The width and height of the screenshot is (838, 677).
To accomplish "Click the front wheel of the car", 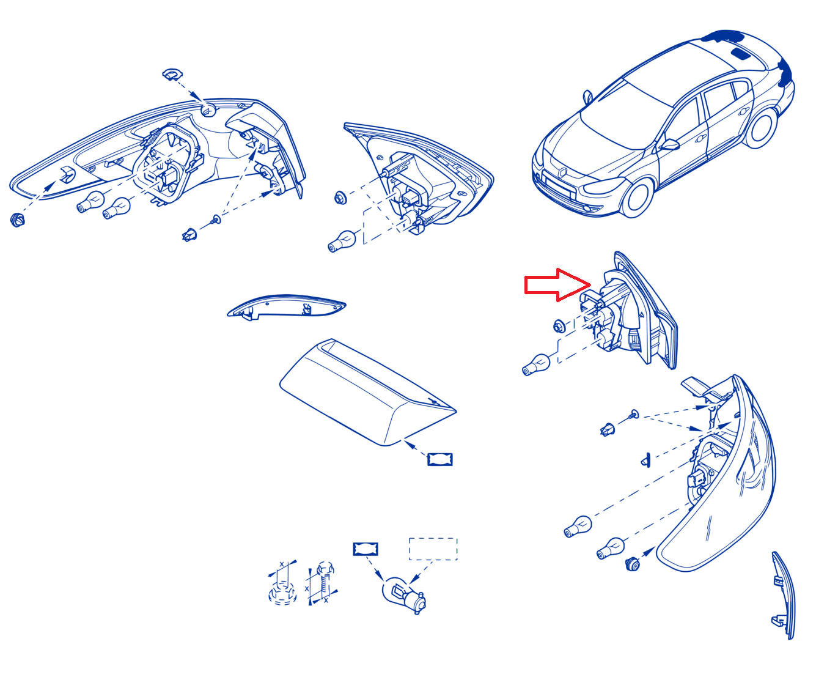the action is click(638, 198).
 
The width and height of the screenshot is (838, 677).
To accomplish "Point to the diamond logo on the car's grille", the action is click(563, 173).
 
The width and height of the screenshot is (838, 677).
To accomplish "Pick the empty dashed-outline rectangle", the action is click(432, 549).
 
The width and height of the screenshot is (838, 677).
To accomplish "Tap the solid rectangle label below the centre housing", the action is click(439, 459).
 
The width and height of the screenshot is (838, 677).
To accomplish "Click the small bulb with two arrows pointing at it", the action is click(403, 594).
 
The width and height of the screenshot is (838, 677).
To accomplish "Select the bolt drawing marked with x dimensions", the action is click(324, 583).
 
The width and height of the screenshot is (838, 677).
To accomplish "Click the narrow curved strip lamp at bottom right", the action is click(783, 594).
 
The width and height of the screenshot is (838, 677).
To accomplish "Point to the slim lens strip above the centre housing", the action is click(286, 306).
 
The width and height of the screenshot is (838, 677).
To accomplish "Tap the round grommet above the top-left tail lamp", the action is click(172, 74).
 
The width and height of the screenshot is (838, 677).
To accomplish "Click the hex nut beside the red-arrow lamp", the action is click(559, 326).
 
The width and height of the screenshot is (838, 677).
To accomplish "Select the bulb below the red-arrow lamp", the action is click(535, 364).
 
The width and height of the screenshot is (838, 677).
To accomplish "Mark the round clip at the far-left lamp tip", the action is click(17, 220).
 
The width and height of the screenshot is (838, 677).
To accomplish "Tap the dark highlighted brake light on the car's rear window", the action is click(741, 53).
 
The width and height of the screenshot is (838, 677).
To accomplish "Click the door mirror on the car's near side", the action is click(669, 144).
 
